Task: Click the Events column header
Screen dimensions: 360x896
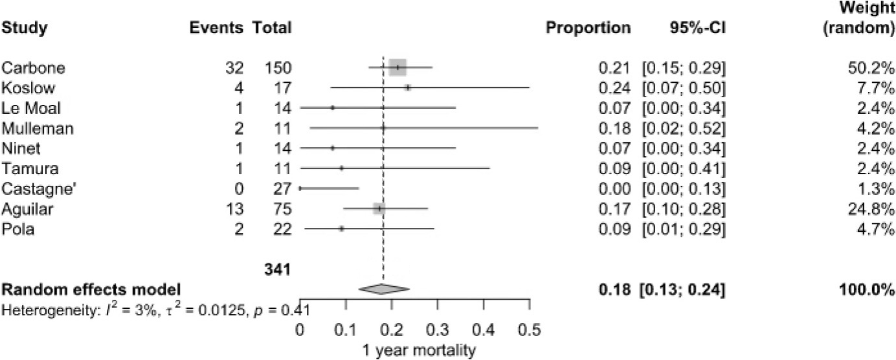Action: [x=216, y=28]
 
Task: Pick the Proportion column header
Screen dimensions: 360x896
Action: [x=588, y=28]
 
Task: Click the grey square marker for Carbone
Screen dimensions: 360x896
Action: [x=398, y=67]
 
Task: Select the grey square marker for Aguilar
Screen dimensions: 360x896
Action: [x=379, y=208]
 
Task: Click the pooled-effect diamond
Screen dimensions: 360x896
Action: [x=384, y=289]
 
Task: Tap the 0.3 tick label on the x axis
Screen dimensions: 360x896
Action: [x=438, y=333]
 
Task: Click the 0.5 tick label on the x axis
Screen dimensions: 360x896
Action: [x=530, y=333]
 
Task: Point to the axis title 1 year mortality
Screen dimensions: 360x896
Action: [x=414, y=351]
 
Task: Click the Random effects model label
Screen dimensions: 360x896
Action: [x=91, y=289]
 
